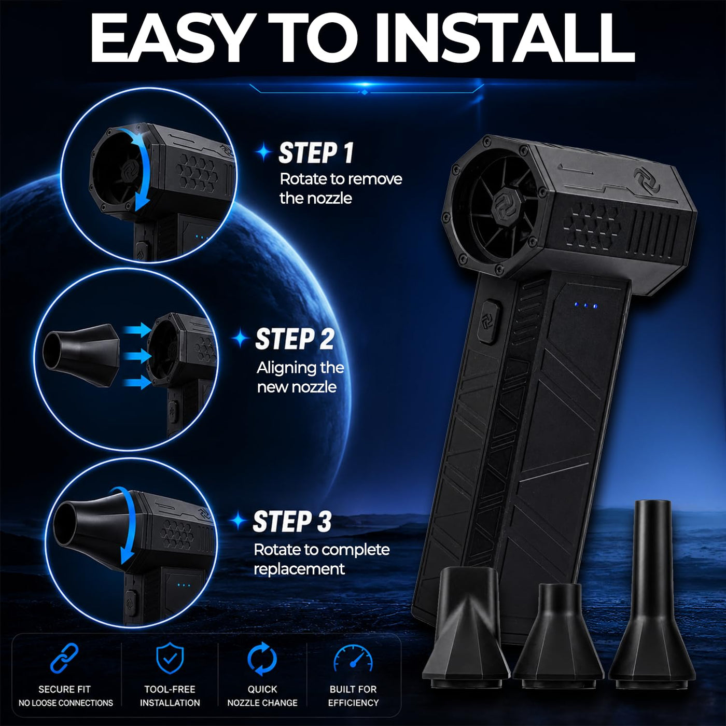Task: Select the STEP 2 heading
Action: (295, 339)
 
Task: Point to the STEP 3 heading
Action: (292, 522)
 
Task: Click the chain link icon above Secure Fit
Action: (64, 658)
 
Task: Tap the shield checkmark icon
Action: (170, 658)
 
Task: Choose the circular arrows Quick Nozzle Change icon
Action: (262, 659)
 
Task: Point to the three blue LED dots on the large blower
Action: (585, 305)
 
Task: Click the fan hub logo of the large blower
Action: (505, 206)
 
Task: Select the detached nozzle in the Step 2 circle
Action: (81, 355)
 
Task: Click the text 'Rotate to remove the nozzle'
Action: (341, 188)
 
